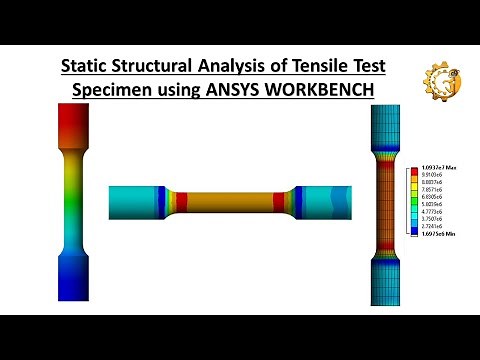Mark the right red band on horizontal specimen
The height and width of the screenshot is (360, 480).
279,199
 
